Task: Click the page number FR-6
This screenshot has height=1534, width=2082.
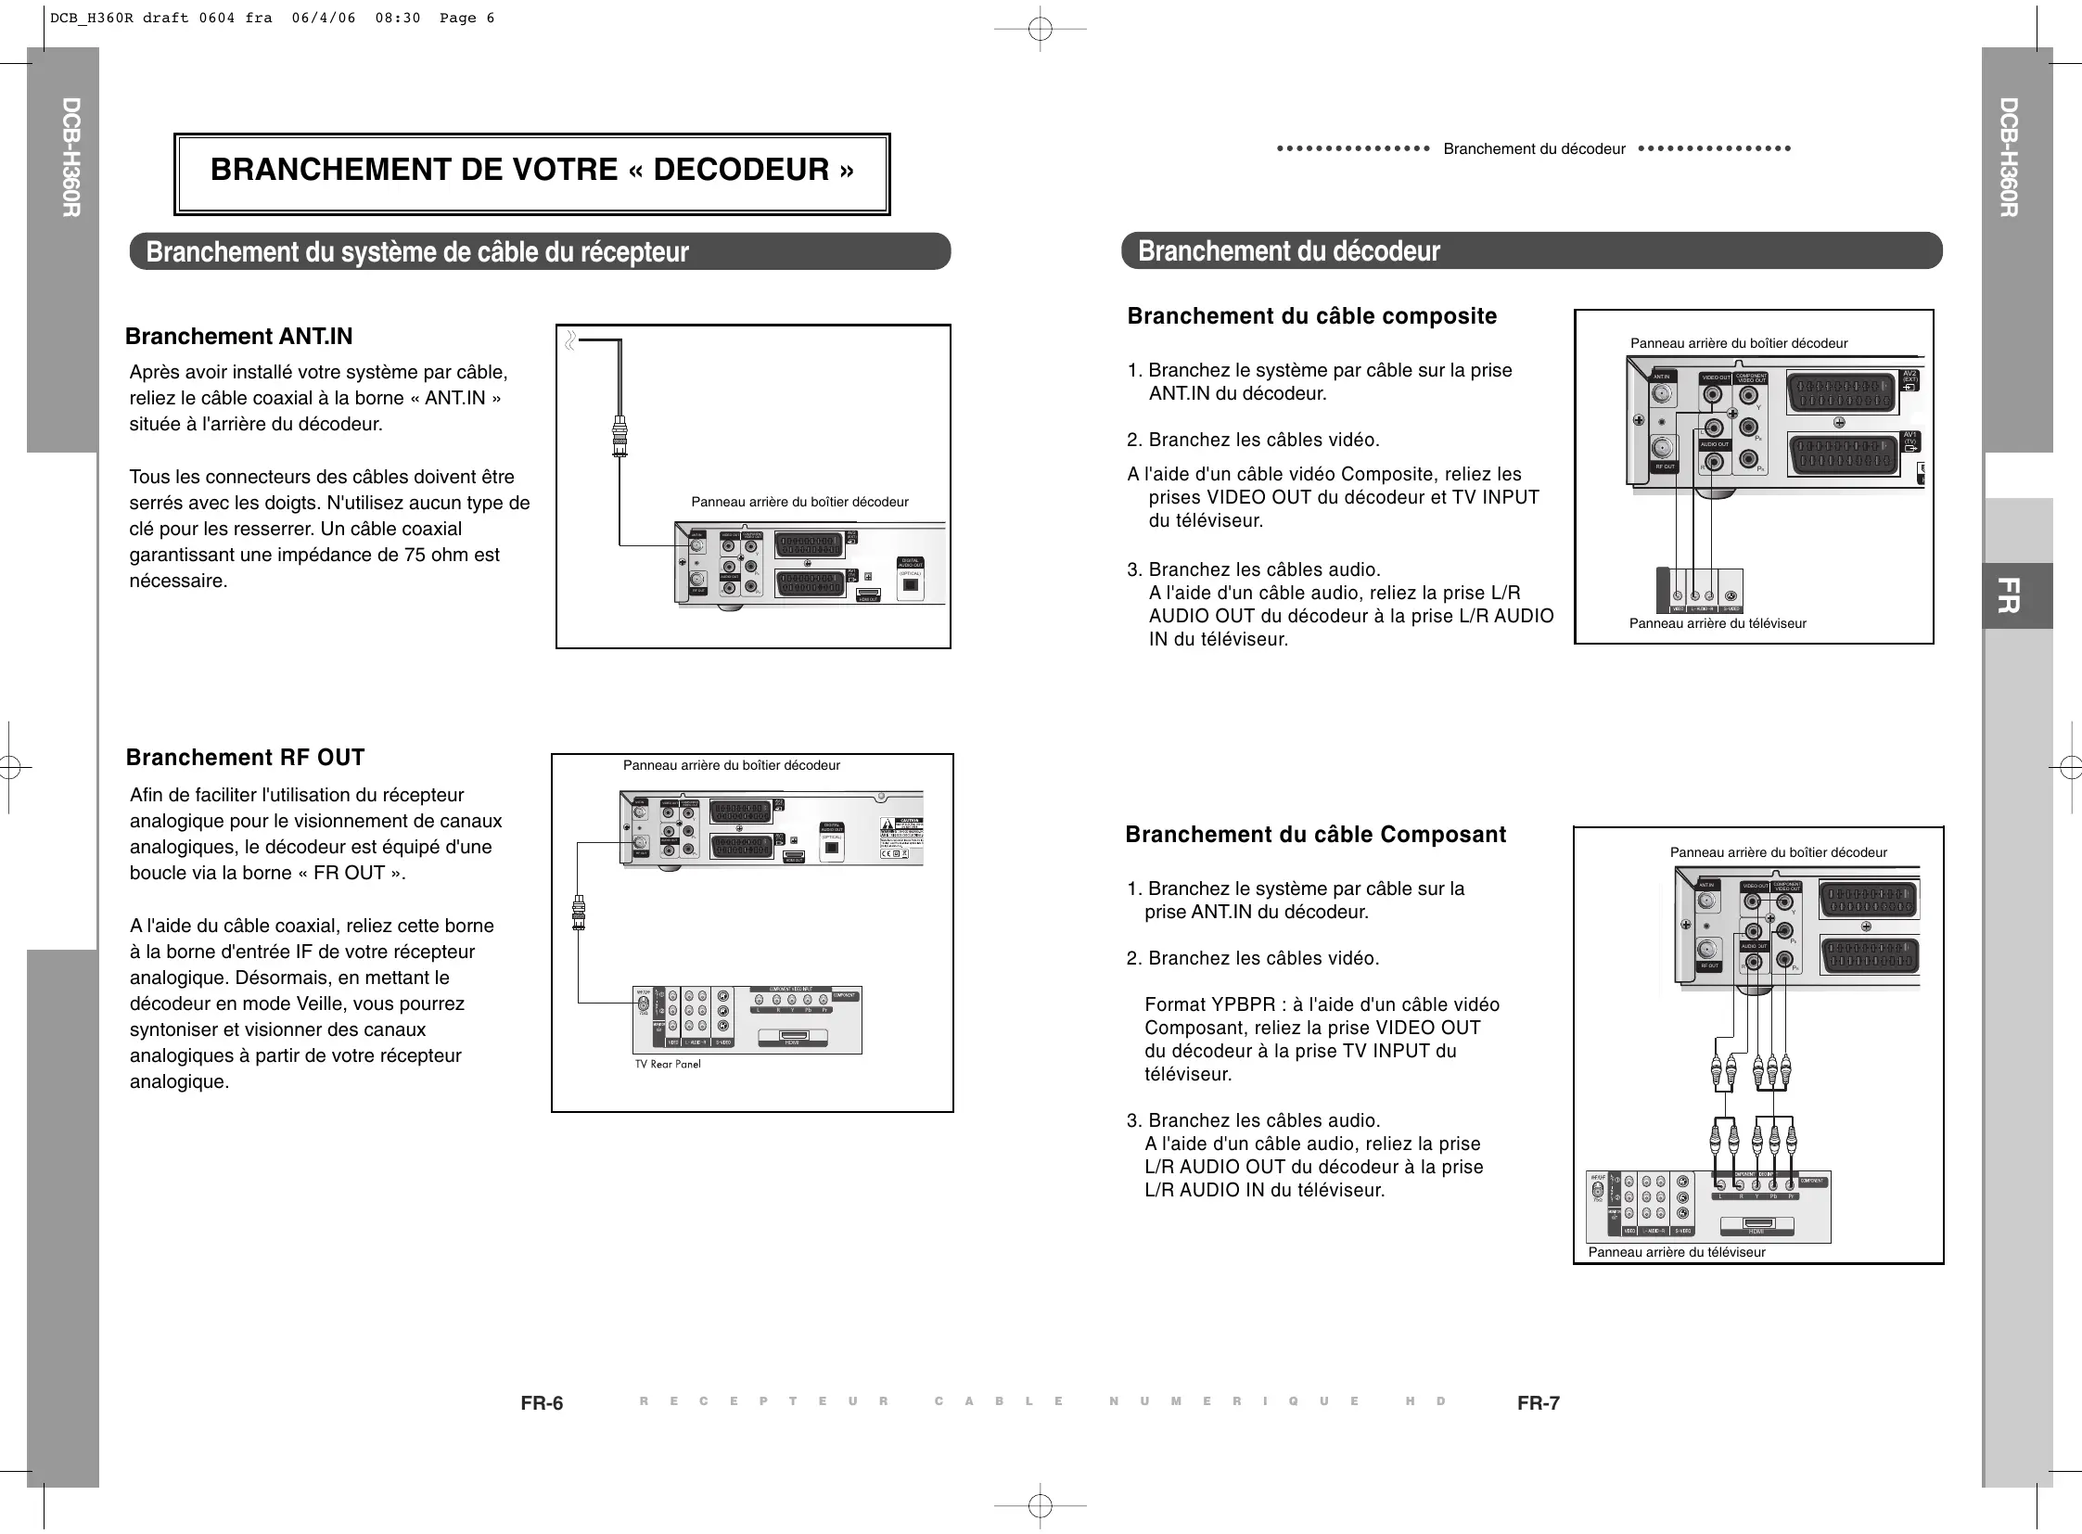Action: (x=542, y=1403)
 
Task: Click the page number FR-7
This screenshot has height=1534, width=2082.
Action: (x=1538, y=1403)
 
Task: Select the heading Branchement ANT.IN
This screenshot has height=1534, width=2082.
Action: (x=238, y=336)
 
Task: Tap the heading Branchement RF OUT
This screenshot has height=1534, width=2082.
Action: (x=245, y=758)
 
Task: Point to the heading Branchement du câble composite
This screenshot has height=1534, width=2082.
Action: (x=1311, y=316)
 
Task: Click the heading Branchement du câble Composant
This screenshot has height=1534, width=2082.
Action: (x=1315, y=835)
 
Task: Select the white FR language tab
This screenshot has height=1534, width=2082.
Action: (x=2008, y=595)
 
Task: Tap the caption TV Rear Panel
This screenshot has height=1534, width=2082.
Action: (x=668, y=1064)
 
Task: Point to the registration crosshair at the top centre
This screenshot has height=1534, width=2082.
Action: (x=1040, y=29)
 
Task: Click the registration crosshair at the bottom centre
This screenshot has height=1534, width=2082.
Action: (x=1040, y=1504)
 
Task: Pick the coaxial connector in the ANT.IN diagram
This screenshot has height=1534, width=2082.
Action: (x=619, y=438)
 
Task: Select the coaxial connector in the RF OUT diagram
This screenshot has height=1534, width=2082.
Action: (x=579, y=912)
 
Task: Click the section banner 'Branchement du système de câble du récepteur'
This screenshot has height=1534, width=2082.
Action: (x=417, y=251)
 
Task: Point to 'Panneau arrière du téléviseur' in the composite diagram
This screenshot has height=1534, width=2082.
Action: (x=1717, y=623)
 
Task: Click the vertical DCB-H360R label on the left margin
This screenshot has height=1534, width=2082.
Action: (x=71, y=158)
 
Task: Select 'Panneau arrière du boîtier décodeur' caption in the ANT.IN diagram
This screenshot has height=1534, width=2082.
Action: (x=799, y=503)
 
